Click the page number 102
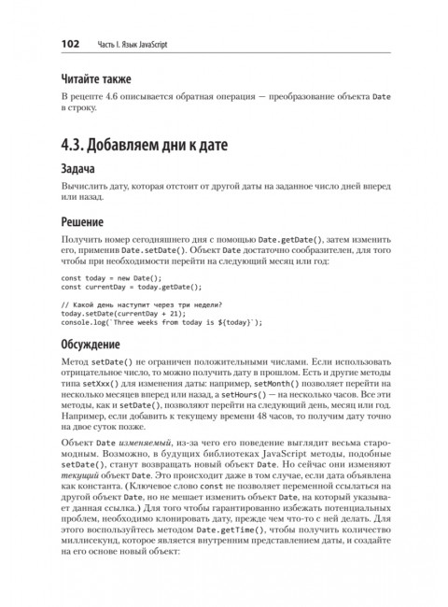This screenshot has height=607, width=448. [74, 43]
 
